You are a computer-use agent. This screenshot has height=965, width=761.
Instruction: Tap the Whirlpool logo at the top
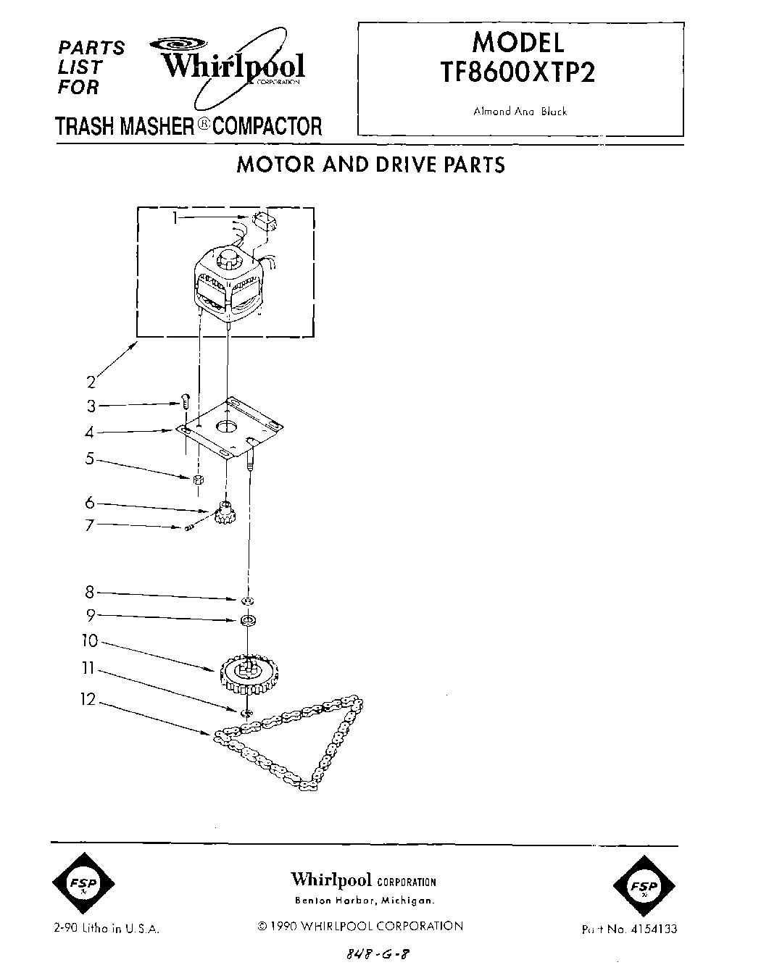point(233,67)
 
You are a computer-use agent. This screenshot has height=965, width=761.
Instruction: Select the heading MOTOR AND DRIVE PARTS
point(371,164)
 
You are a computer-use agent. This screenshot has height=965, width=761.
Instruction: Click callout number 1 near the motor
point(175,217)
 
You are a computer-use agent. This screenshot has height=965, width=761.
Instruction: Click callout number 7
point(90,525)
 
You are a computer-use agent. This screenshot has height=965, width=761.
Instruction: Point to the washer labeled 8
point(248,601)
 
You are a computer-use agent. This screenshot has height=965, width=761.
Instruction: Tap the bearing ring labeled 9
point(249,621)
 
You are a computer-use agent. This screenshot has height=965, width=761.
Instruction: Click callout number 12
point(88,701)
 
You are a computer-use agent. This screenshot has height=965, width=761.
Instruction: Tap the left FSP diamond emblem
point(80,885)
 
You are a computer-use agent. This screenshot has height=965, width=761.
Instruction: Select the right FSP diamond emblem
point(643,885)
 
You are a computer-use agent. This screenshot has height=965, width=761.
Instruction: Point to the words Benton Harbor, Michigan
point(364,901)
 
